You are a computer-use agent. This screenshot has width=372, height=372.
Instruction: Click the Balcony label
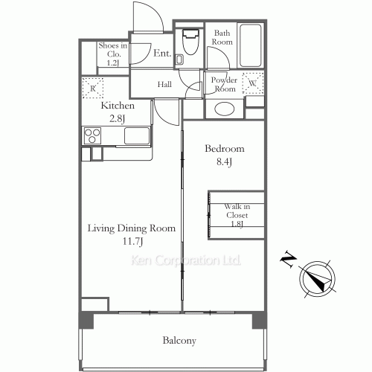[179, 341]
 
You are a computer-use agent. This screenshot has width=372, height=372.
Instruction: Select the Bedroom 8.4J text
[224, 154]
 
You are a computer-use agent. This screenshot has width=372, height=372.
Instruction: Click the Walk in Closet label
[237, 215]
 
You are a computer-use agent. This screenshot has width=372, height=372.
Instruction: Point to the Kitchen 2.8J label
[118, 111]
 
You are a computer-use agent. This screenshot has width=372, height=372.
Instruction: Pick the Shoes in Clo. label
[113, 54]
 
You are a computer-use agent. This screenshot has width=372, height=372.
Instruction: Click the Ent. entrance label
[162, 54]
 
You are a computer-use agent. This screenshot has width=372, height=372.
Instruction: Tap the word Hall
[164, 85]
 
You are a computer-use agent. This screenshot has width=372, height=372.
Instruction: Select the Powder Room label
[224, 84]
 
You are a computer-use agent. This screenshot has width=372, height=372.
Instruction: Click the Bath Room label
[223, 37]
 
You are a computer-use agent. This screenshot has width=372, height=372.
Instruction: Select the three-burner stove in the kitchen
[94, 136]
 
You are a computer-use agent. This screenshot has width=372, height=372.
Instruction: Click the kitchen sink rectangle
[137, 136]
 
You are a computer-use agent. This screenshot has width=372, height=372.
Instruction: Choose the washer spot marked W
[252, 83]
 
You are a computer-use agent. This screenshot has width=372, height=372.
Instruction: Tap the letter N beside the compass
[286, 260]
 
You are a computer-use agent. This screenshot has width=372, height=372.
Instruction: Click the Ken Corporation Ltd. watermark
[186, 260]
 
